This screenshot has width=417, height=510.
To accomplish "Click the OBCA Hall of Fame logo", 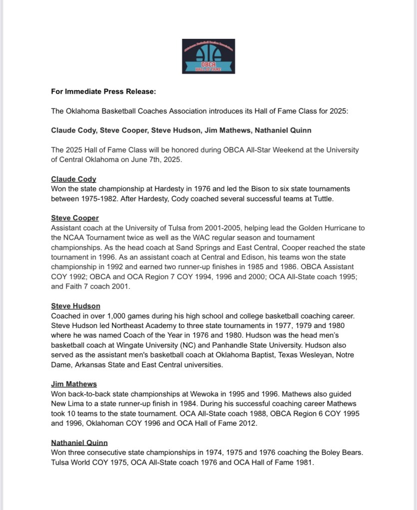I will coord(208,56).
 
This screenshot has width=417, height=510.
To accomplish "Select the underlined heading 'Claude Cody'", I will coord(73,179).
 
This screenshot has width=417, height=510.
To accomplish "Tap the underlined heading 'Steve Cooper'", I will coord(75,218).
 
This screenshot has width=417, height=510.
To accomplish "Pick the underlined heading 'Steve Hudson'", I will coord(75,306).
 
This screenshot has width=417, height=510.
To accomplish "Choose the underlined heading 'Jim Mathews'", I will coord(74,384).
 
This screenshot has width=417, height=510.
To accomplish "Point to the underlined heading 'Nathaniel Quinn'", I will coord(79,443).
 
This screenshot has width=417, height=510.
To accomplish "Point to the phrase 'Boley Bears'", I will coord(336,453).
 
